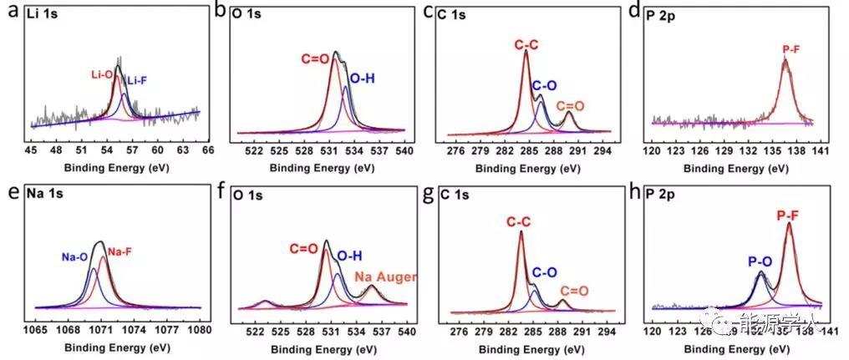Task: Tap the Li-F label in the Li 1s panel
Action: coord(137,80)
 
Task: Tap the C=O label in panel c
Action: coord(570,107)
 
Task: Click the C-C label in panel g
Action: coord(518,221)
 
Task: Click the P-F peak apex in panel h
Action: coord(788,223)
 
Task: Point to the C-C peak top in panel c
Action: coord(526,52)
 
